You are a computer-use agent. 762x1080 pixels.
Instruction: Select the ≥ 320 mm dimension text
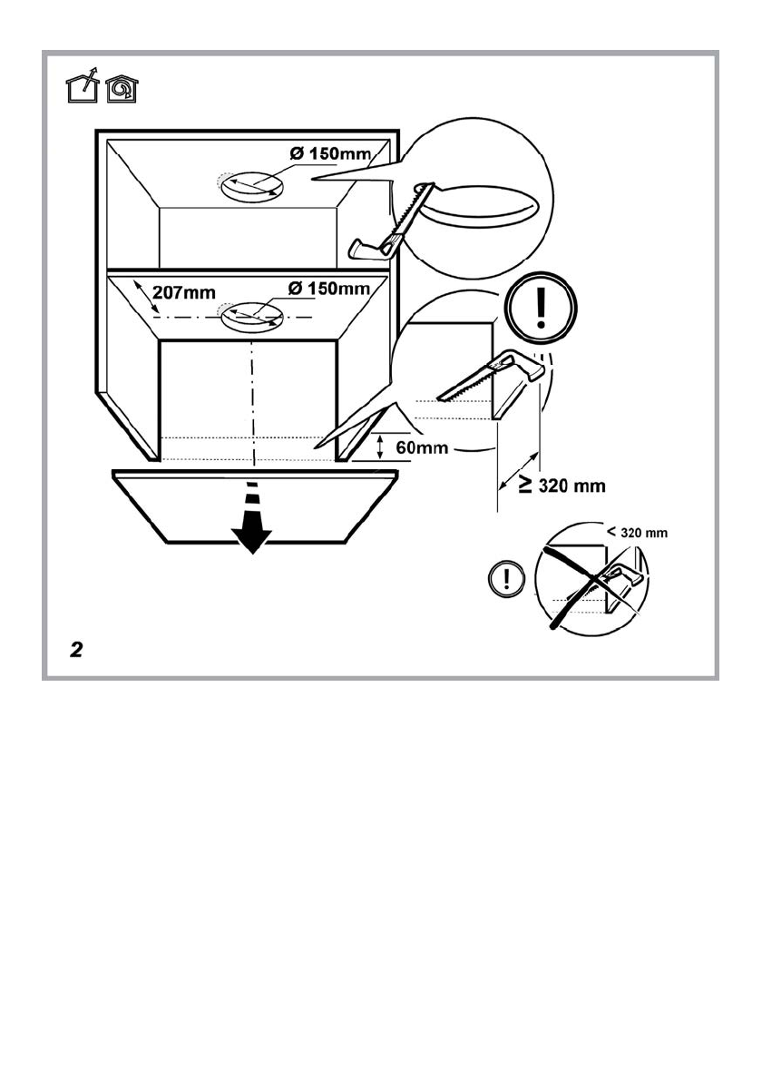(x=562, y=486)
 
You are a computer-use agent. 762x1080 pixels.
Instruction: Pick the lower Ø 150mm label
(x=328, y=289)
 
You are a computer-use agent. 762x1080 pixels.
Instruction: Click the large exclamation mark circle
(x=540, y=309)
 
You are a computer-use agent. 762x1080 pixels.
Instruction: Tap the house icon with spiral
(x=121, y=90)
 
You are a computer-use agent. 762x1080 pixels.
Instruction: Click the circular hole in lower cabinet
(x=251, y=318)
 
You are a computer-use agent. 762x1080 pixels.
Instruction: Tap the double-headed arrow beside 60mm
(x=382, y=446)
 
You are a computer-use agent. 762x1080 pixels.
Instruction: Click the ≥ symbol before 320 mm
(x=525, y=486)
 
